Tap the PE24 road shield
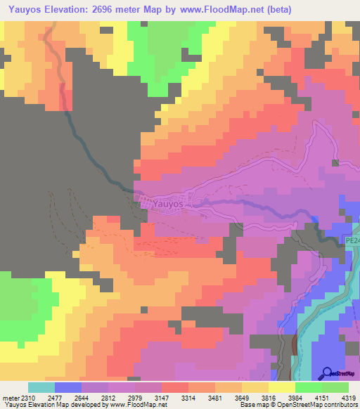pyautogui.click(x=352, y=241)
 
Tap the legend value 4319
pyautogui.click(x=349, y=398)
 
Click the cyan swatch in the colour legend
pyautogui.click(x=41, y=387)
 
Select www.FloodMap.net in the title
pyautogui.click(x=220, y=9)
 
